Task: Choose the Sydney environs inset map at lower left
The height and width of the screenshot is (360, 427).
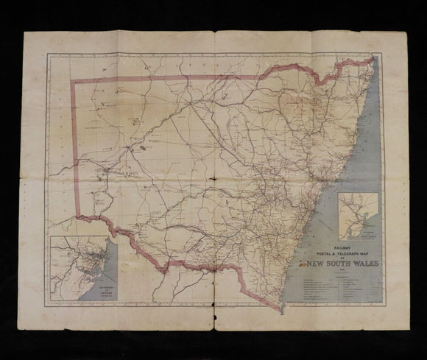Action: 80,268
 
